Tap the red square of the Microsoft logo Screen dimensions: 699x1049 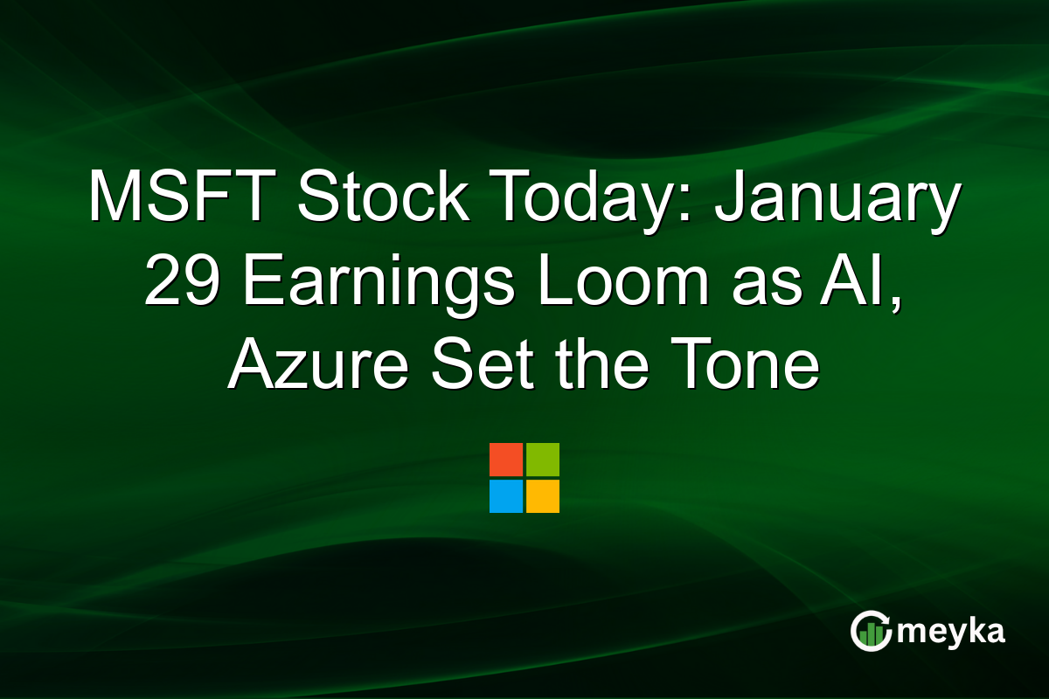pos(506,460)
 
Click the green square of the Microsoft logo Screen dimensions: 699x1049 pos(543,460)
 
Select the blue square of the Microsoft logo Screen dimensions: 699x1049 pos(506,496)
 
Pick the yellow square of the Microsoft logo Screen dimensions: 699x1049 pos(543,496)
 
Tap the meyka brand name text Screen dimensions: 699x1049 pos(951,632)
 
